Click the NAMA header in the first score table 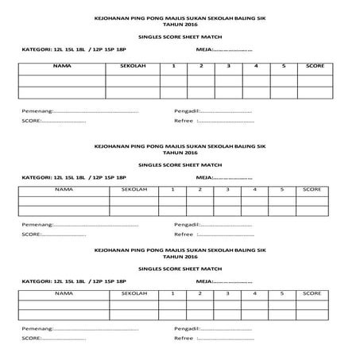(x=61, y=68)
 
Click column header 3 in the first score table (x=227, y=68)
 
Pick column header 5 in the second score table (x=282, y=190)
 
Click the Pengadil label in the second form (x=187, y=225)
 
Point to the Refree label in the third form (x=184, y=338)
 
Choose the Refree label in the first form (x=184, y=122)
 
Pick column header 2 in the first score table (x=200, y=68)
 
